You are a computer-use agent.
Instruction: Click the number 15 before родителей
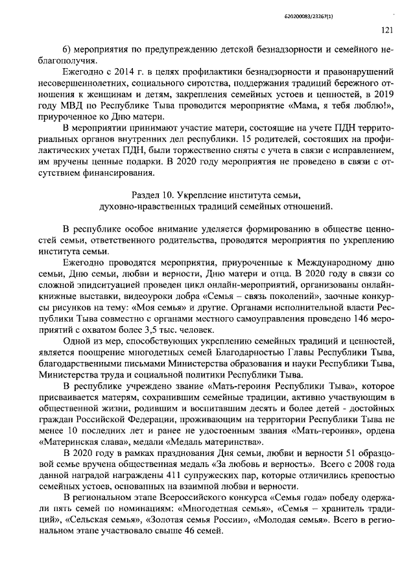(242, 141)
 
